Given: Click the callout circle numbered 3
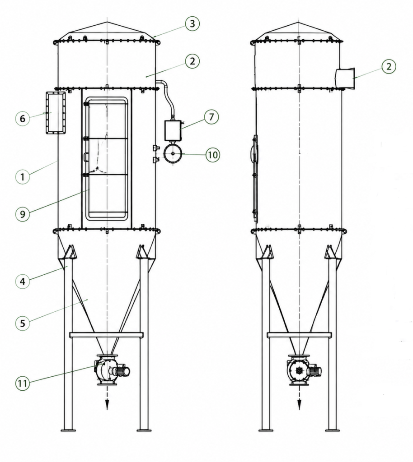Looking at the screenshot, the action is click(192, 23).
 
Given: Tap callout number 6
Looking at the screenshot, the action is click(23, 119).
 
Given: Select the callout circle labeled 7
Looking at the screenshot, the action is click(211, 117).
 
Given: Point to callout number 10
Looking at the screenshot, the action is click(213, 155).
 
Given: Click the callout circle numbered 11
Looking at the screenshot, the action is click(23, 383).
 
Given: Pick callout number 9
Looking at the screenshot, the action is click(23, 214).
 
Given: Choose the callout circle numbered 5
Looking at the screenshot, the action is click(23, 323).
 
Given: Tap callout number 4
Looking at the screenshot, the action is click(23, 282).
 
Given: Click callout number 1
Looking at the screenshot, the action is click(23, 177).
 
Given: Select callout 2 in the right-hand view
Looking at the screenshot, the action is click(389, 66).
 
